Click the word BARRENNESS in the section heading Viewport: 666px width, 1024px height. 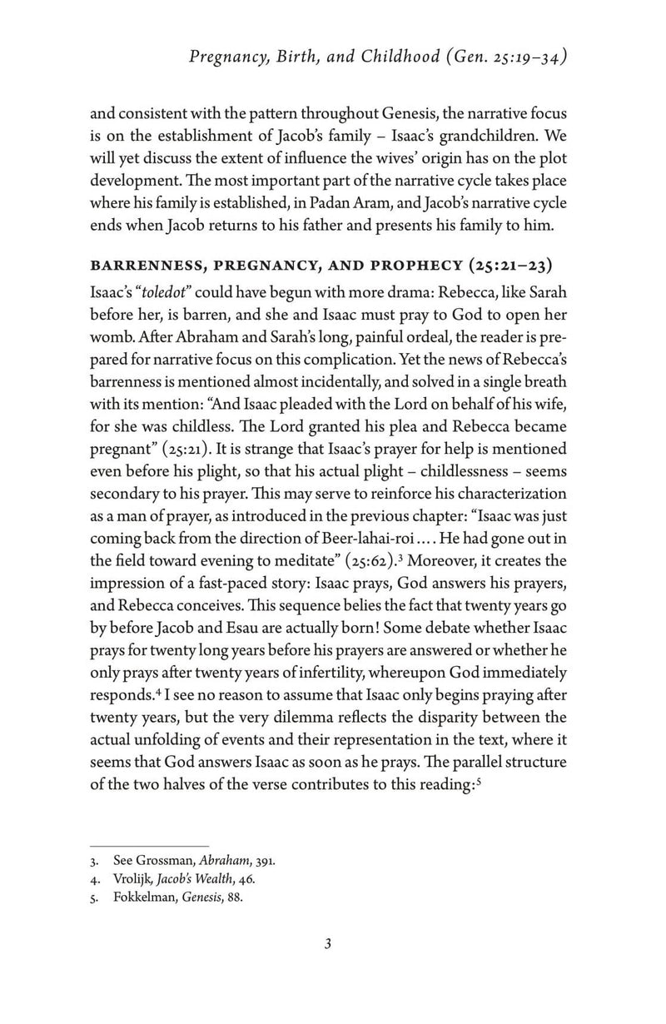(157, 271)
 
